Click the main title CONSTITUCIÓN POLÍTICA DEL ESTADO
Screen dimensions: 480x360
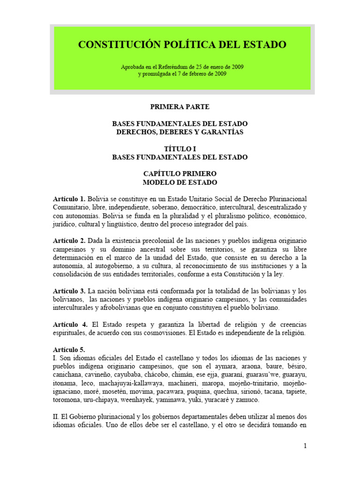[181, 45]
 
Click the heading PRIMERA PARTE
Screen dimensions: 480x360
[180, 107]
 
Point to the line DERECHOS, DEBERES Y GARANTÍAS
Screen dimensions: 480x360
[180, 132]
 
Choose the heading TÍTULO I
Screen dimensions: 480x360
[180, 149]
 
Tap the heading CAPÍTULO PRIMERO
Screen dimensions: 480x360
[180, 174]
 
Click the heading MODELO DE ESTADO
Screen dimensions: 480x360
[180, 182]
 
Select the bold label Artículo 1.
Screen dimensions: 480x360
[69, 199]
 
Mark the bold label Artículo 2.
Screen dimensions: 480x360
[69, 240]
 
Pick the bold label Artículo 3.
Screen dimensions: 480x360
[69, 291]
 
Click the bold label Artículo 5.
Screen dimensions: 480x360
[69, 349]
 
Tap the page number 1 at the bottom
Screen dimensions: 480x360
[305, 446]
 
